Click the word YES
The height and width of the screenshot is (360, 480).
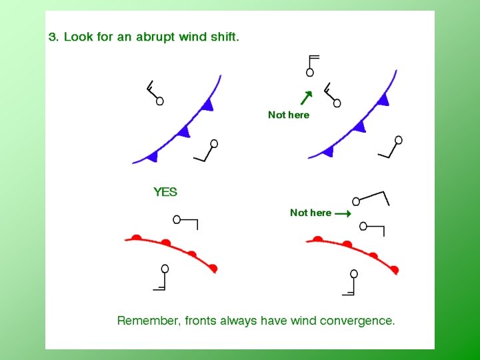click(x=165, y=192)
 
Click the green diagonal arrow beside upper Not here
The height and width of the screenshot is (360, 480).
click(x=306, y=98)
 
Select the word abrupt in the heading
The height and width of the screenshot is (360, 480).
click(x=154, y=37)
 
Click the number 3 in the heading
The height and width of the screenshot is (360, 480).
click(x=52, y=37)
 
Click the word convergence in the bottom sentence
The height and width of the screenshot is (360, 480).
click(x=357, y=321)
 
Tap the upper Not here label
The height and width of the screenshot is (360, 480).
click(x=289, y=115)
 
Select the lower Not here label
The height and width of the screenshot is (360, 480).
click(x=310, y=213)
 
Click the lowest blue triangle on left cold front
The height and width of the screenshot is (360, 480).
click(x=153, y=156)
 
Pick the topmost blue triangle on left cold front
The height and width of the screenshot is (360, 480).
click(x=209, y=104)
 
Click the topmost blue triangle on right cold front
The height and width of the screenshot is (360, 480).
click(x=383, y=100)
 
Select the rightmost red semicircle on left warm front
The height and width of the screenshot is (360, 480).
click(x=213, y=267)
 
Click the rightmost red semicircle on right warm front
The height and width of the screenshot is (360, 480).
click(x=394, y=269)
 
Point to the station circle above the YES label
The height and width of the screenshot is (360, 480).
click(x=214, y=143)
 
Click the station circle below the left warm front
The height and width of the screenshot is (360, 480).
click(x=165, y=269)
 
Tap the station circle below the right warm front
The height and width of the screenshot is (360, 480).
click(x=354, y=273)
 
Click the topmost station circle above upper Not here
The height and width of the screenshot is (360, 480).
click(x=309, y=72)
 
